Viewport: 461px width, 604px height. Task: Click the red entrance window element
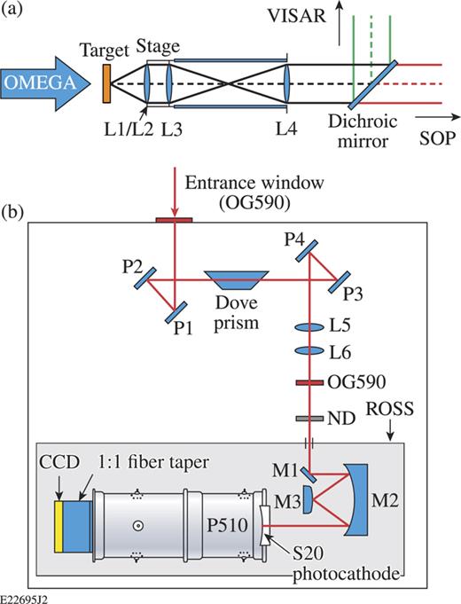(174, 216)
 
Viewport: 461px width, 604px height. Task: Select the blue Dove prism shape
(232, 281)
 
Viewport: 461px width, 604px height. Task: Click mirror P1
(176, 311)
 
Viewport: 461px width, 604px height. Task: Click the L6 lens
(308, 351)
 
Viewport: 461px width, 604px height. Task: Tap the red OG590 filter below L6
(308, 383)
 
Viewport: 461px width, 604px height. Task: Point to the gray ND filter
(308, 416)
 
